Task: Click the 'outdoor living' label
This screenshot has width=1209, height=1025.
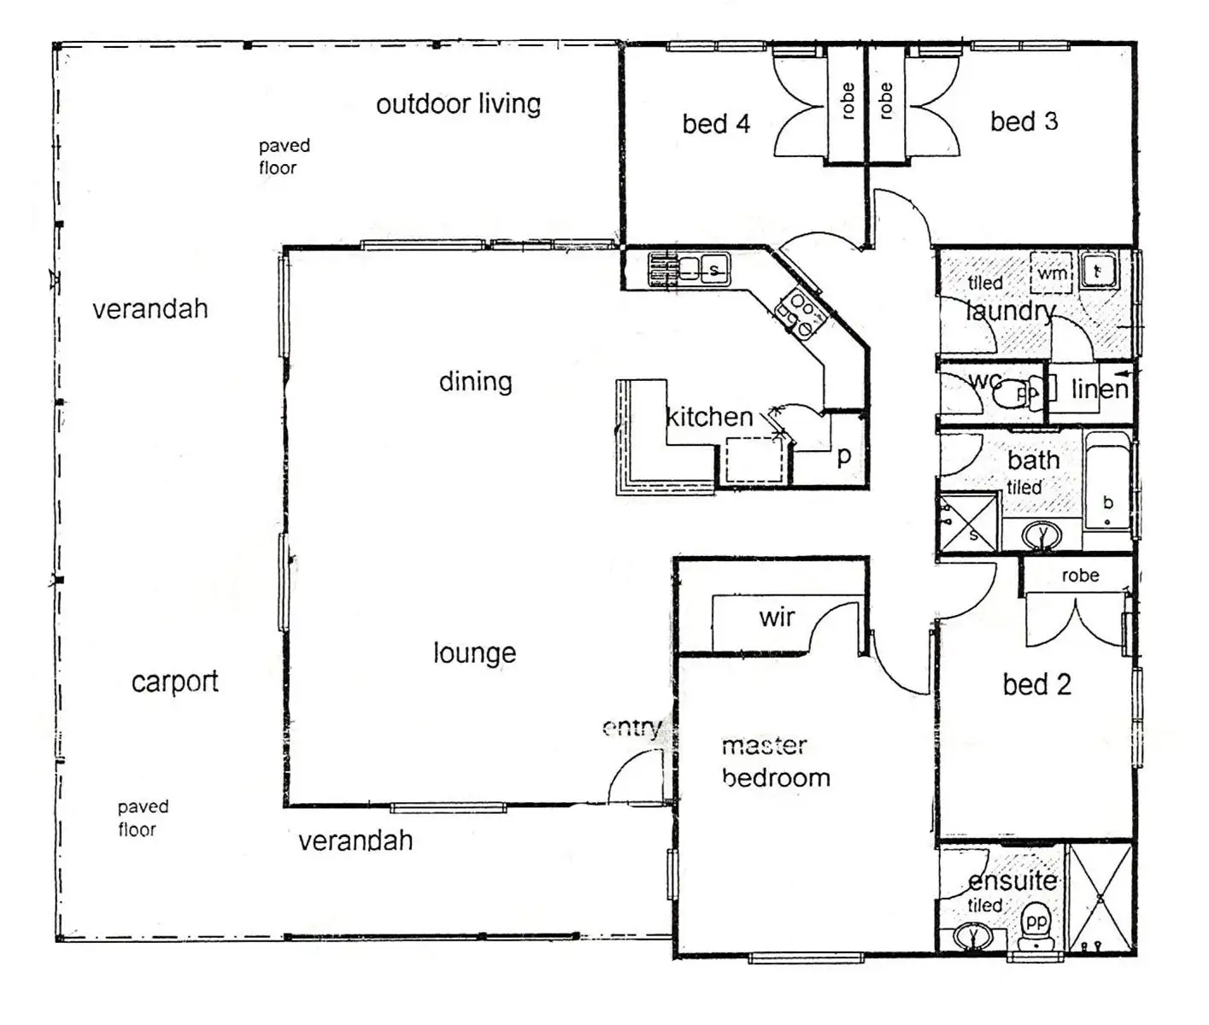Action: pos(458,104)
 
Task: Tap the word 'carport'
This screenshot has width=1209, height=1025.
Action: pos(174,682)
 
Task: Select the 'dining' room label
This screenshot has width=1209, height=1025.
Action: pos(475,381)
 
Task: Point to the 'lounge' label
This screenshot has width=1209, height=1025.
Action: pos(474,653)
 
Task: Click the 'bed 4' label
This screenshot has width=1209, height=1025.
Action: pos(716,124)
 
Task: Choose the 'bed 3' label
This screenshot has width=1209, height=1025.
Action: pos(1024,121)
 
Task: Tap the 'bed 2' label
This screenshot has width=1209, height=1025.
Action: pos(1036,684)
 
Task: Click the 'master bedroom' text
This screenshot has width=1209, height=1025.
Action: pos(775,762)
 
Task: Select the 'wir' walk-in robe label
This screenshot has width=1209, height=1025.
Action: pos(777,617)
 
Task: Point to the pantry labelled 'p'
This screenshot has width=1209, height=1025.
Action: pos(843,455)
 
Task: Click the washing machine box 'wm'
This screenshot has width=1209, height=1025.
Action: pos(1051,272)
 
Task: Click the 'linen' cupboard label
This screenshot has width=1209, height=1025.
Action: pos(1100,389)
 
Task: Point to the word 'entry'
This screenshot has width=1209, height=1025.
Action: pos(631,728)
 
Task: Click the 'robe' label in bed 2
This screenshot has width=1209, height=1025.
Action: pos(1080,576)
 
